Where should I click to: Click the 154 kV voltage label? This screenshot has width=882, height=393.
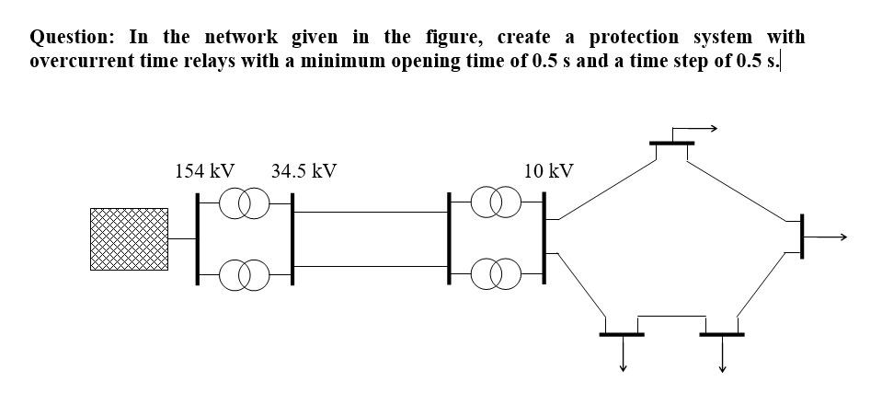203,171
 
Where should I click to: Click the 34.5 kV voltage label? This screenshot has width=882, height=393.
304,171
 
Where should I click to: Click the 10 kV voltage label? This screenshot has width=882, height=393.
548,171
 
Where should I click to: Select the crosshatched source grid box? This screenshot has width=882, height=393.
129,238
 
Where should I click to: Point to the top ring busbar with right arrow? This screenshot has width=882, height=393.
671,144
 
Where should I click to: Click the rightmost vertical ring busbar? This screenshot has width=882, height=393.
802,237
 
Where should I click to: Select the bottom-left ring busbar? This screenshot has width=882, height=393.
623,333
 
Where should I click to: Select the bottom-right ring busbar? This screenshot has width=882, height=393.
722,333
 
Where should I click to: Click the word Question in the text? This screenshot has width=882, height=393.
72,38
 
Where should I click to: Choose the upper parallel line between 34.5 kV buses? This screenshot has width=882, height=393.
371,212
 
